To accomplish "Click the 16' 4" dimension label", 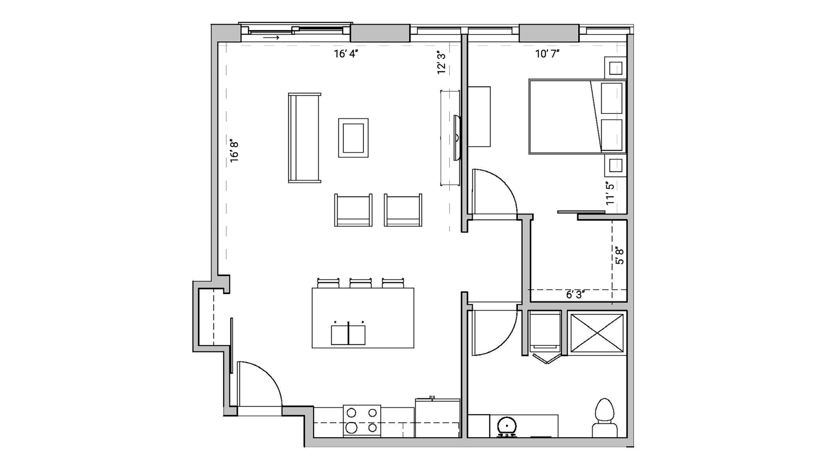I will (x=346, y=54).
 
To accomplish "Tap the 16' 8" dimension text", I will (x=234, y=151).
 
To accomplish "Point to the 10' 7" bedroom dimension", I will (x=547, y=54).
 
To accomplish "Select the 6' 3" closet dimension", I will (x=575, y=295).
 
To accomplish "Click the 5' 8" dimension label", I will (x=620, y=256).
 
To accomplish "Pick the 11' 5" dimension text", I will (x=610, y=193).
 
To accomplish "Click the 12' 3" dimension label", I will (x=441, y=63).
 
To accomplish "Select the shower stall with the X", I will (x=597, y=333).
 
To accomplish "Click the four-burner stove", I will (x=362, y=420).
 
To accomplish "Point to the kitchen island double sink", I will (x=348, y=334).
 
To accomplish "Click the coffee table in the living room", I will (x=353, y=138).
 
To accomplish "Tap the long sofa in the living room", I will (x=304, y=138).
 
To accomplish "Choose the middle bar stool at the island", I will (x=360, y=283).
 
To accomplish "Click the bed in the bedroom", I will (x=577, y=117).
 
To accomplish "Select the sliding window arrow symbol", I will (x=271, y=38).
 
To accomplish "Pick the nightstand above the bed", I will (x=615, y=68).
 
